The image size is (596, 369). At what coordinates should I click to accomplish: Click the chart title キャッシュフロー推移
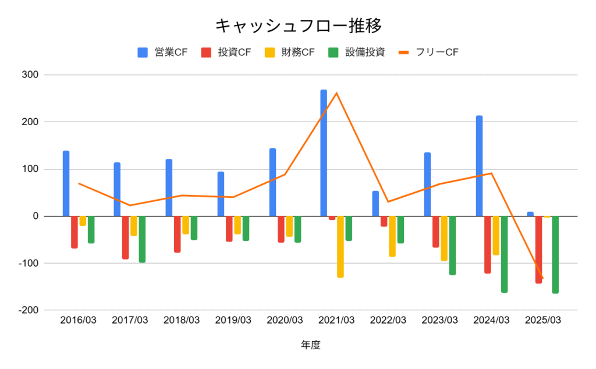pyautogui.click(x=298, y=26)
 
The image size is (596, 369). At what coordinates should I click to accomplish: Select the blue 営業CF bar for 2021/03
pyautogui.click(x=324, y=152)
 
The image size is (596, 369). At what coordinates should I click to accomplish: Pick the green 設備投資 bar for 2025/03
pyautogui.click(x=555, y=254)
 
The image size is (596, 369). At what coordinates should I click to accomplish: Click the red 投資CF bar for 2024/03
pyautogui.click(x=487, y=244)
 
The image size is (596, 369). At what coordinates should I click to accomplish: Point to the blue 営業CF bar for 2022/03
pyautogui.click(x=375, y=204)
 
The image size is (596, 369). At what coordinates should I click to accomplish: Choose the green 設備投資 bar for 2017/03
pyautogui.click(x=142, y=239)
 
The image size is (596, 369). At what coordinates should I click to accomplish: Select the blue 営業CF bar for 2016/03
pyautogui.click(x=66, y=183)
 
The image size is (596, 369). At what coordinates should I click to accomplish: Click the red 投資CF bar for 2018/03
pyautogui.click(x=177, y=234)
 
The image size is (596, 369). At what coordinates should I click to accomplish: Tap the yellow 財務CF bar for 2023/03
pyautogui.click(x=444, y=238)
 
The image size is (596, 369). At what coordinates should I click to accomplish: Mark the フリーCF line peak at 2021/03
pyautogui.click(x=336, y=93)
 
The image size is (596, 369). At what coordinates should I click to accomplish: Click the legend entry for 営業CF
pyautogui.click(x=162, y=52)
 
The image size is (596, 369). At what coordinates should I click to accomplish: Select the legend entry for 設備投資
pyautogui.click(x=356, y=52)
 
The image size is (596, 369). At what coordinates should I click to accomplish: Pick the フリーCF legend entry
pyautogui.click(x=428, y=52)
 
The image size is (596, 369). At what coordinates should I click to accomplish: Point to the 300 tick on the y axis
pyautogui.click(x=30, y=75)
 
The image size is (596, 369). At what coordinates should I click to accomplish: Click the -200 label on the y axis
pyautogui.click(x=28, y=310)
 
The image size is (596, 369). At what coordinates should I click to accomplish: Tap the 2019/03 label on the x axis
pyautogui.click(x=233, y=321)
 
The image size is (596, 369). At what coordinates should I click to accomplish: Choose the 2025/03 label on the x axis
pyautogui.click(x=542, y=321)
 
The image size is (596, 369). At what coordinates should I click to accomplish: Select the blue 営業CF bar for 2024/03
pyautogui.click(x=479, y=166)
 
